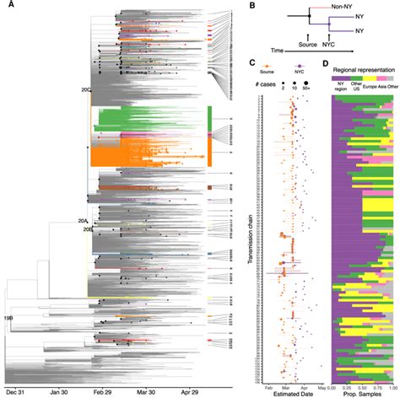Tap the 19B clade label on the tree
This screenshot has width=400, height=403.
click(8, 318)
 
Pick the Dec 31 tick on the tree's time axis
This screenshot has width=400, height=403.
click(16, 391)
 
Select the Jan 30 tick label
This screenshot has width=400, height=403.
click(58, 391)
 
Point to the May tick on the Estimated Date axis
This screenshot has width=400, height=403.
click(322, 387)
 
